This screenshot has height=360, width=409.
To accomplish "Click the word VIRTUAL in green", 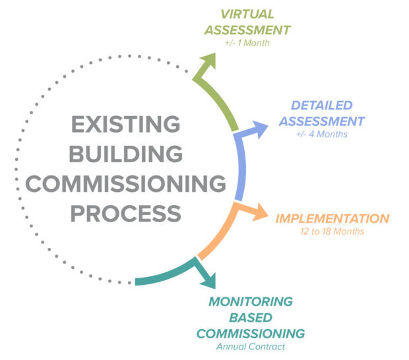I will [247, 13].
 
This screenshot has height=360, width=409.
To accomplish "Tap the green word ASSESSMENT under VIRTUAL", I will [247, 29].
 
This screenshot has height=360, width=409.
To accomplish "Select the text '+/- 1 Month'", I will [247, 42].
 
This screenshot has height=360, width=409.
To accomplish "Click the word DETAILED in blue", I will [321, 105].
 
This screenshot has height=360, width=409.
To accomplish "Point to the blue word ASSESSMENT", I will [321, 121].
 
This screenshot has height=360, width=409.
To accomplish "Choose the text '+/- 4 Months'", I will [321, 135].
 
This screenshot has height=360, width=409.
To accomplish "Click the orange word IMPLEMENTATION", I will [332, 218].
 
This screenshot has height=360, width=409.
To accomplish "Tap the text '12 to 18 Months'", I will [332, 231].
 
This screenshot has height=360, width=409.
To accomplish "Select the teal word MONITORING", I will [251, 301].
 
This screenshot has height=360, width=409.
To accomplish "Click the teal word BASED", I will [251, 317].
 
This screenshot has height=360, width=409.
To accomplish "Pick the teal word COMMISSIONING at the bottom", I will [251, 333].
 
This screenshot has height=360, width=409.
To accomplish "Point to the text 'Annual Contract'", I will [251, 347].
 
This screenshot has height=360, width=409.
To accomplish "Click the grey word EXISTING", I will [125, 124].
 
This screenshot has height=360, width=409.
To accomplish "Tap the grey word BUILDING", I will [126, 154].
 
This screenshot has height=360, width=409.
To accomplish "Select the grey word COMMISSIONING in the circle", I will [126, 183].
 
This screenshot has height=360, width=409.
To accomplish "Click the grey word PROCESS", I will [126, 213].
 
